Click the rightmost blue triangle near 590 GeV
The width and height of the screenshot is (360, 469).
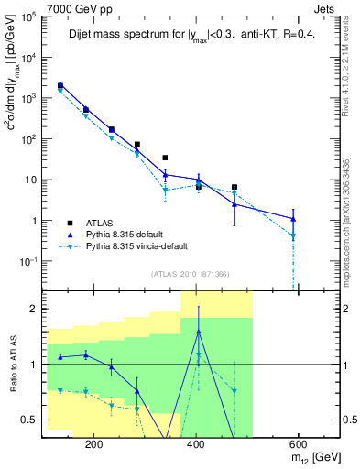click(293, 218)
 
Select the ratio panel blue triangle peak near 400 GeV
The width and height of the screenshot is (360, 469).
click(198, 331)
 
